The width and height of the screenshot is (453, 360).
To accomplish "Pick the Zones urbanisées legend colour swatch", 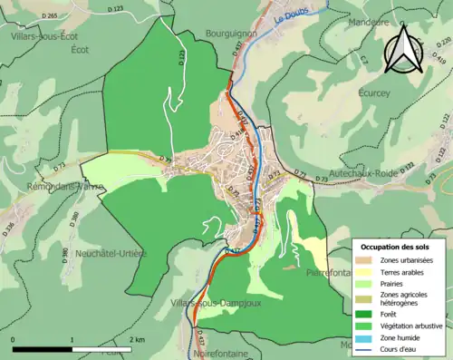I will pos(365,258).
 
